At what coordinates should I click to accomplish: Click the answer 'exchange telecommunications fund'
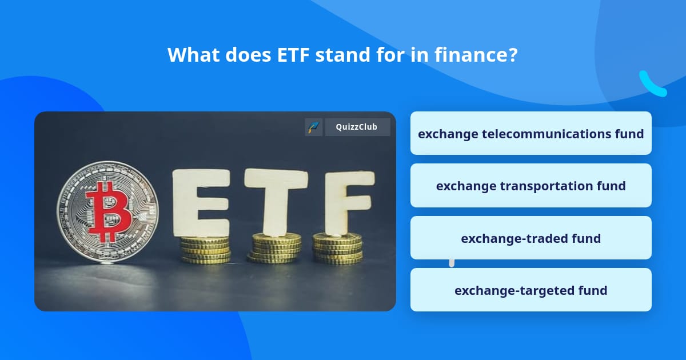pyautogui.click(x=531, y=134)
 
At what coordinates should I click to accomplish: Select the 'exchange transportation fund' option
pyautogui.click(x=531, y=186)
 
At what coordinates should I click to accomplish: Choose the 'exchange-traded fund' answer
pyautogui.click(x=531, y=238)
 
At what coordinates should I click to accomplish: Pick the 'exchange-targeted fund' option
pyautogui.click(x=531, y=290)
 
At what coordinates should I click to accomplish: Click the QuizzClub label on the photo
pyautogui.click(x=357, y=127)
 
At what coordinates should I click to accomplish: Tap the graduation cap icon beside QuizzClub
pyautogui.click(x=313, y=127)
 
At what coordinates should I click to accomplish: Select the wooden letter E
pyautogui.click(x=201, y=203)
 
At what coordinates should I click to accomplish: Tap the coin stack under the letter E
pyautogui.click(x=205, y=249)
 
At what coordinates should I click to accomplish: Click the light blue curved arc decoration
pyautogui.click(x=651, y=85)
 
